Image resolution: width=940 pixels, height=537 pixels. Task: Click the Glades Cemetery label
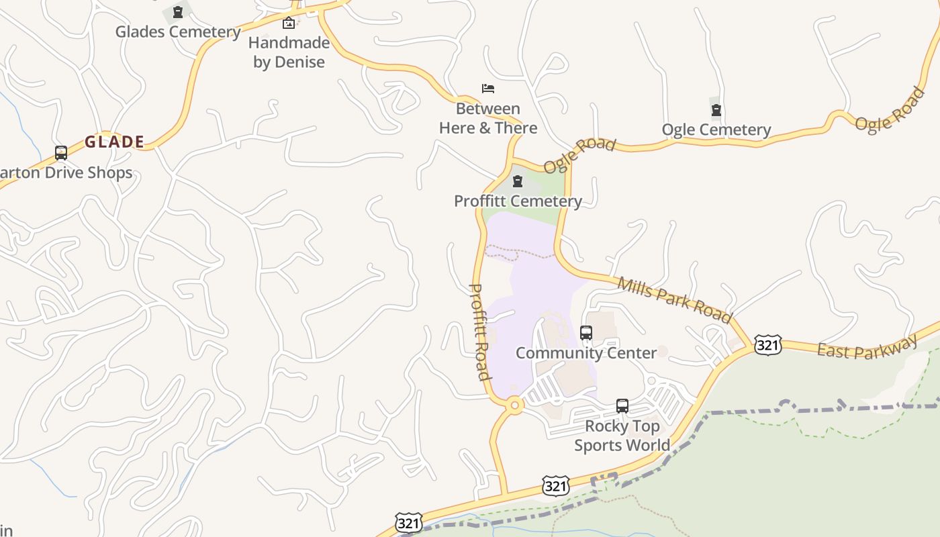tap(178, 32)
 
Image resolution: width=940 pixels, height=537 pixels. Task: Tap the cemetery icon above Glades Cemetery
tap(178, 12)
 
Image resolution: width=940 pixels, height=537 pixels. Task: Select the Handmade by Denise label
tap(289, 52)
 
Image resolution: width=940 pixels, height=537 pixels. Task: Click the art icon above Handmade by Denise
tap(289, 23)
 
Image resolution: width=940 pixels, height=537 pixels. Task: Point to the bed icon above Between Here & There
tap(488, 89)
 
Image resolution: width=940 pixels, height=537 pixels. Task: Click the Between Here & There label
tap(488, 118)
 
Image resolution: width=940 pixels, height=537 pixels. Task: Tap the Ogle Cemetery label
tap(716, 130)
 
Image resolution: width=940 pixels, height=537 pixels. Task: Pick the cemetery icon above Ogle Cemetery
tap(716, 110)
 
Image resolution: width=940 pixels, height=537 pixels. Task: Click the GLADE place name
tap(115, 142)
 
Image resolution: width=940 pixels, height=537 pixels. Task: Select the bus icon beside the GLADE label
tap(61, 153)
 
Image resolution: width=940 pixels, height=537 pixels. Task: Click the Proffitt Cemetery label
tap(518, 201)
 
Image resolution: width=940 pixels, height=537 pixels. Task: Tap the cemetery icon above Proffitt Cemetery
tap(518, 181)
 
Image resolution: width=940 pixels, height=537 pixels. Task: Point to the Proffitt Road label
tap(479, 332)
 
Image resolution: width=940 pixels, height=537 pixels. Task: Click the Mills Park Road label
tap(673, 299)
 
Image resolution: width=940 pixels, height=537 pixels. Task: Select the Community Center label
tap(586, 352)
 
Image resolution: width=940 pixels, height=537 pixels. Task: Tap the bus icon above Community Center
tap(586, 333)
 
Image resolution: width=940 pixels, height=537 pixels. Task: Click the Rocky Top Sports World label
tap(622, 436)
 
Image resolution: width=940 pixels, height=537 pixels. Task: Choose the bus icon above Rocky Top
tap(622, 406)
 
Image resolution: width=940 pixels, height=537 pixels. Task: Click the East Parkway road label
tap(867, 347)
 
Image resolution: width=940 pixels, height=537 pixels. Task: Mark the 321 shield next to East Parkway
tap(767, 345)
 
